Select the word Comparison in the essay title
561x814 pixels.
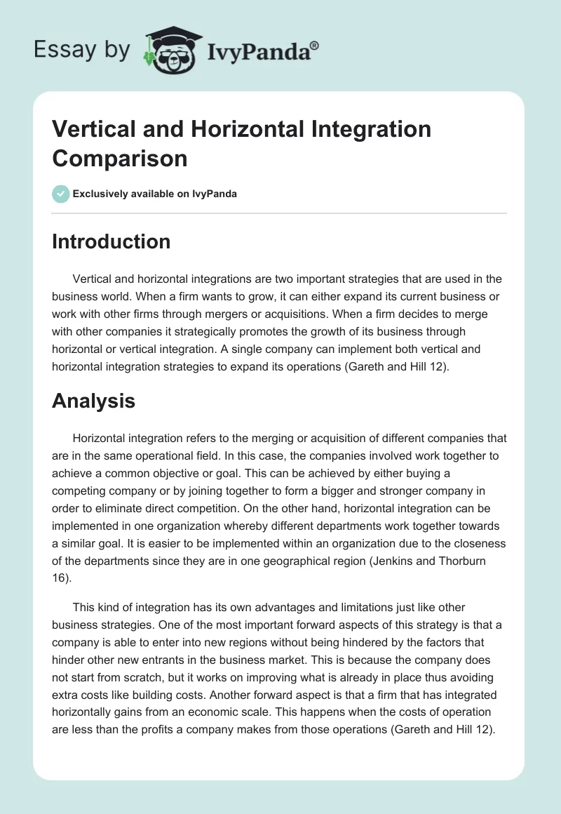click(x=120, y=158)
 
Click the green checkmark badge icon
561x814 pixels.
click(x=61, y=194)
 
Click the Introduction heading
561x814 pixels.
click(x=111, y=241)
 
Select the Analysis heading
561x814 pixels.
click(x=93, y=401)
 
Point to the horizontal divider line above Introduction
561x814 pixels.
click(x=280, y=213)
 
